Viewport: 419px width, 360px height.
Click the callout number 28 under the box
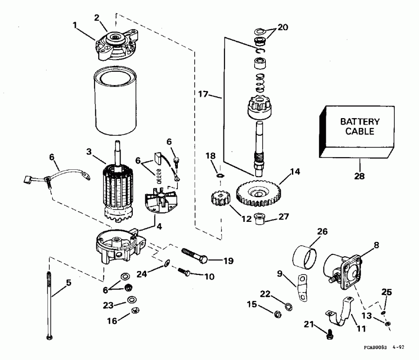(x=361, y=176)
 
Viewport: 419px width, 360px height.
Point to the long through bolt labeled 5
(x=49, y=302)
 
